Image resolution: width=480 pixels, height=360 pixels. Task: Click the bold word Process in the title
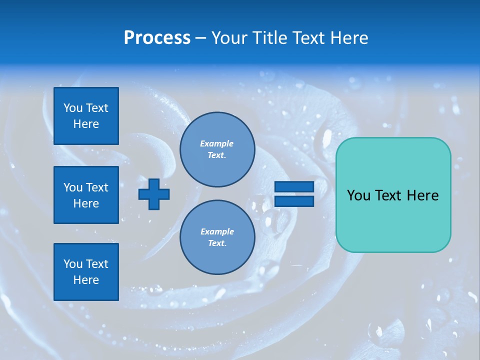click(x=157, y=38)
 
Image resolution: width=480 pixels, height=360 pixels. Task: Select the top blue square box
click(x=86, y=116)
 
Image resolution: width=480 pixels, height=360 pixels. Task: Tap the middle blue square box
click(x=86, y=195)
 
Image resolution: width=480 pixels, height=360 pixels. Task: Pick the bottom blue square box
click(x=86, y=272)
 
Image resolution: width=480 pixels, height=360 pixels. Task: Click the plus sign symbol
click(x=154, y=194)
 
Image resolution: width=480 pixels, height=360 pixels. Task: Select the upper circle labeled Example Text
click(x=217, y=149)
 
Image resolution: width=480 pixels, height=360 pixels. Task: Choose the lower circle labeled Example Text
click(x=217, y=237)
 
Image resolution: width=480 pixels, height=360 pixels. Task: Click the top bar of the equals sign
click(x=294, y=186)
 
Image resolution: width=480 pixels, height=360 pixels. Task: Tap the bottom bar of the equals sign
click(x=294, y=201)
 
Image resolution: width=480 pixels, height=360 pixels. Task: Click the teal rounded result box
click(x=393, y=195)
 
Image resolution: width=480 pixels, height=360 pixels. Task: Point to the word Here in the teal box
click(x=422, y=195)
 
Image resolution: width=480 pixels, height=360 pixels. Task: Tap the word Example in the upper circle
click(x=217, y=143)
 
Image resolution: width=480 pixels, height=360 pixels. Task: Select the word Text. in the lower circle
click(x=217, y=243)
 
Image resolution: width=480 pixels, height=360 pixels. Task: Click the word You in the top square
click(x=73, y=108)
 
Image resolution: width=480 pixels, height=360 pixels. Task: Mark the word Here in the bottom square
click(x=86, y=280)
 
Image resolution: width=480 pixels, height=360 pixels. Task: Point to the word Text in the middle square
click(x=97, y=187)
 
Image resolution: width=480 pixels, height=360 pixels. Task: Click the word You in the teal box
click(x=358, y=195)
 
